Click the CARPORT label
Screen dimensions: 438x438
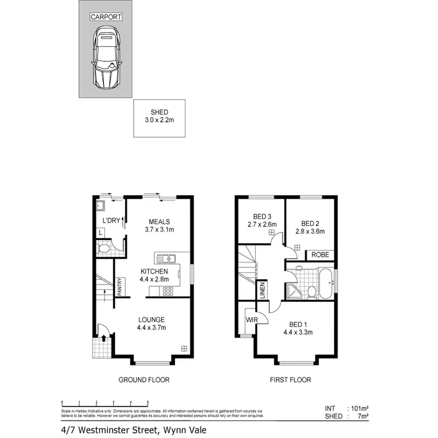pos(106,17)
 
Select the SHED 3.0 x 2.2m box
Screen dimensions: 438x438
pos(159,118)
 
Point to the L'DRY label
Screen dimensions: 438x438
pos(111,221)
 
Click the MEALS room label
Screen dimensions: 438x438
pos(159,221)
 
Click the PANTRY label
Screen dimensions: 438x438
pos(119,287)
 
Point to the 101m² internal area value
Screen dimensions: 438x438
pos(359,408)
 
